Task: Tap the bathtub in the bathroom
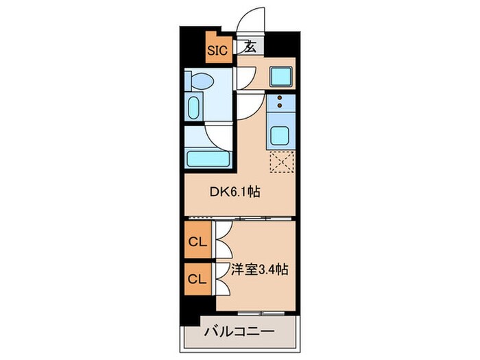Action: click(x=207, y=156)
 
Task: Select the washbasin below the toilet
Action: click(x=193, y=108)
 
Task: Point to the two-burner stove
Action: click(x=280, y=103)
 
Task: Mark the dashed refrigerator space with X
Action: click(x=281, y=163)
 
